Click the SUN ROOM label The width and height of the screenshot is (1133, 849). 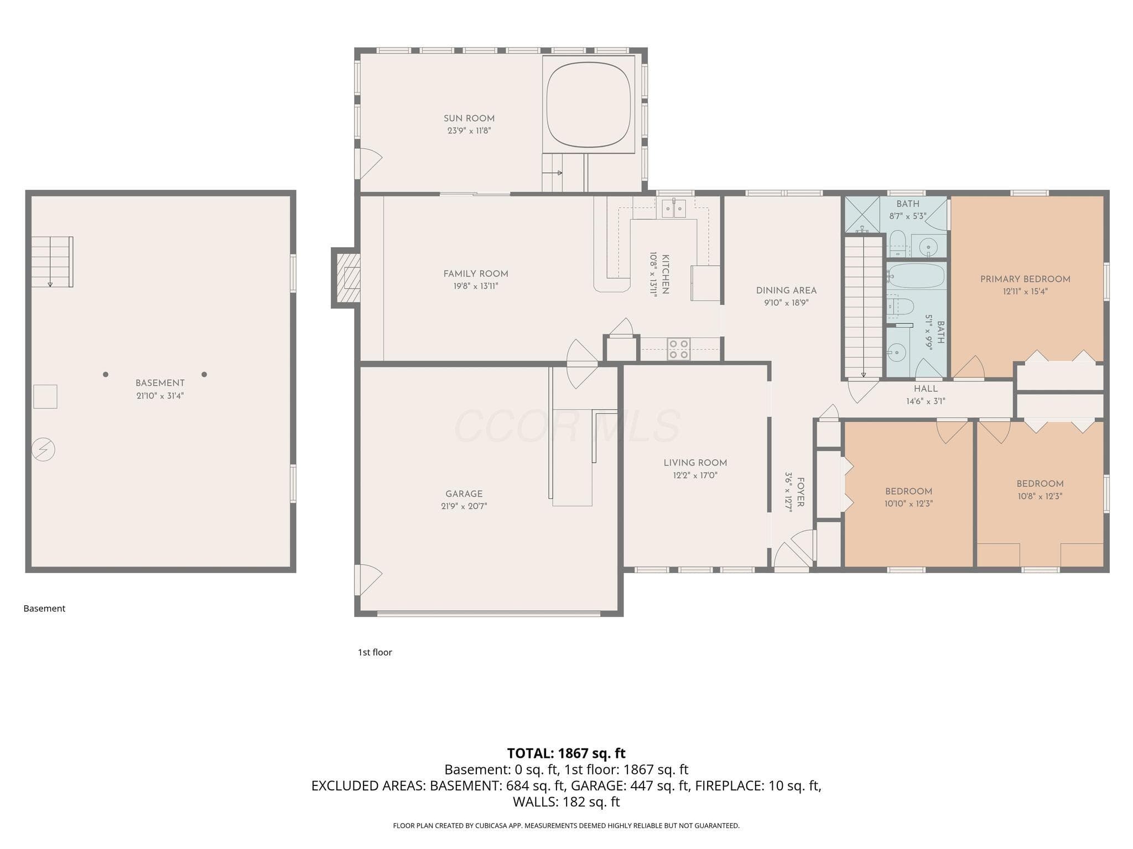tap(469, 118)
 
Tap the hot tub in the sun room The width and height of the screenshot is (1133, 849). tap(589, 104)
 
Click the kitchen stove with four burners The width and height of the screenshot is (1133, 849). tap(678, 349)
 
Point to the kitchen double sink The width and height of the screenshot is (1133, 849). tap(674, 208)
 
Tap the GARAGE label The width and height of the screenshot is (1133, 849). tap(464, 494)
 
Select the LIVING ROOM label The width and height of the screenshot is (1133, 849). tap(695, 463)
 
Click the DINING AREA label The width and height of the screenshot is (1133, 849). tap(786, 291)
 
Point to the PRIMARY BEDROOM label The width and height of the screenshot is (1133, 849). tap(1025, 279)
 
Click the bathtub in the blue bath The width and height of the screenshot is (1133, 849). tap(917, 276)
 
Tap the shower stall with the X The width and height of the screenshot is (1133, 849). tap(862, 215)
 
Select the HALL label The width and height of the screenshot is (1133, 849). tap(926, 389)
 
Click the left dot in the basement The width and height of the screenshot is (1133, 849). tap(106, 375)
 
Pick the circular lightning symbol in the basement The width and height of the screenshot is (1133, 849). tap(44, 449)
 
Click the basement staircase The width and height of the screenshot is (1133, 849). tap(52, 262)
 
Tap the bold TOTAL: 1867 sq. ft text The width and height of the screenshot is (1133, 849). tap(566, 753)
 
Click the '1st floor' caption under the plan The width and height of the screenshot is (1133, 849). tap(375, 652)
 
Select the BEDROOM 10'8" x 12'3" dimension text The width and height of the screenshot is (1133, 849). tap(1040, 496)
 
